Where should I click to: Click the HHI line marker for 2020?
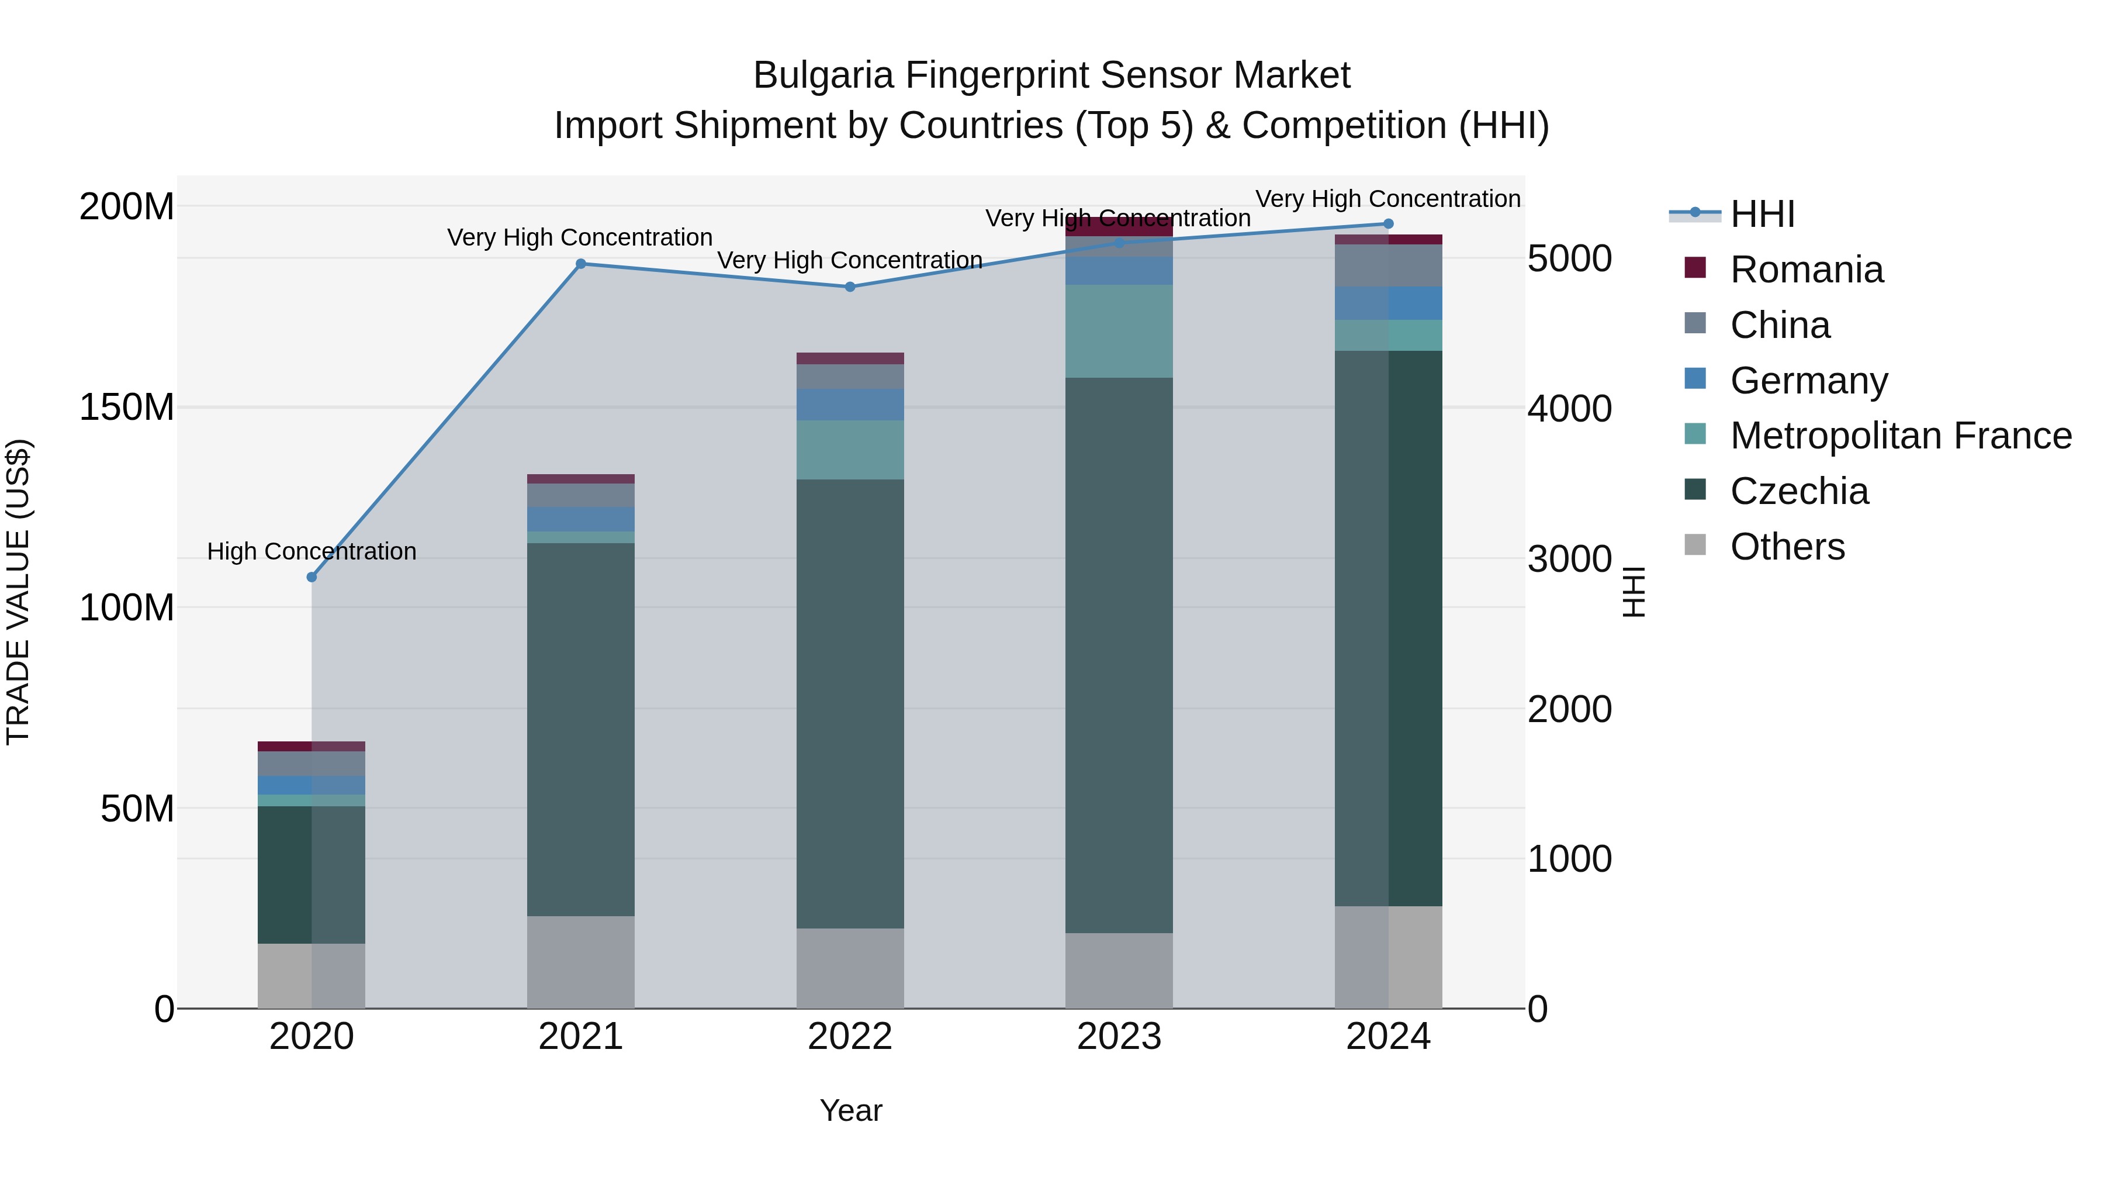[311, 577]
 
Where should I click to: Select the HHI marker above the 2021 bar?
[581, 264]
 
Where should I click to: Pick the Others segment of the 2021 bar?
[581, 962]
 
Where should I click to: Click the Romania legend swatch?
[1695, 268]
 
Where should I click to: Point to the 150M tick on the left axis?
[127, 407]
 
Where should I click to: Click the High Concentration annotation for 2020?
[311, 551]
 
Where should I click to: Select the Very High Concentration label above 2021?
[579, 238]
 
